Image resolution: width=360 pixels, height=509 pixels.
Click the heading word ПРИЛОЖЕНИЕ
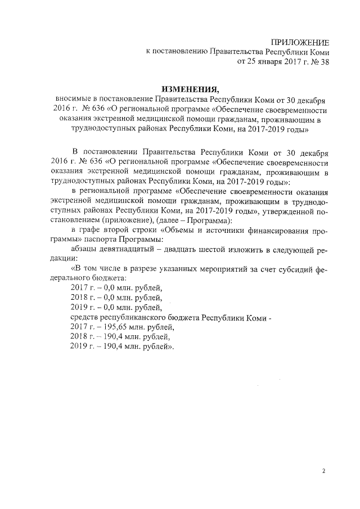point(299,42)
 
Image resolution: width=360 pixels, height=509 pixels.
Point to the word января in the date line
point(264,62)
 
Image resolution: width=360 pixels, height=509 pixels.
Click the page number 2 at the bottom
point(323,471)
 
